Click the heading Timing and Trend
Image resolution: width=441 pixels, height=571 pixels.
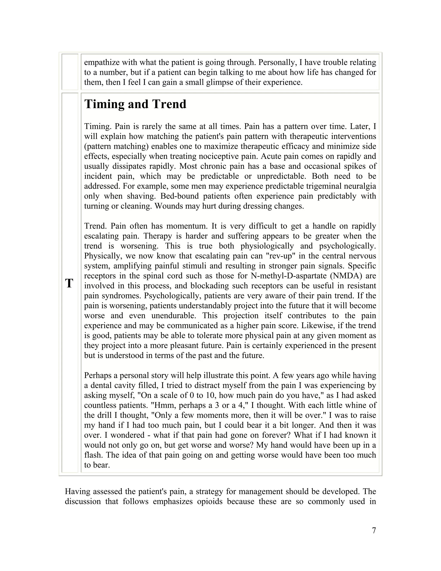pyautogui.click(x=135, y=104)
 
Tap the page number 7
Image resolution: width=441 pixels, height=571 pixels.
pyautogui.click(x=374, y=530)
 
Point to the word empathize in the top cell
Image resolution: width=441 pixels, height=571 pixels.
pyautogui.click(x=102, y=62)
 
